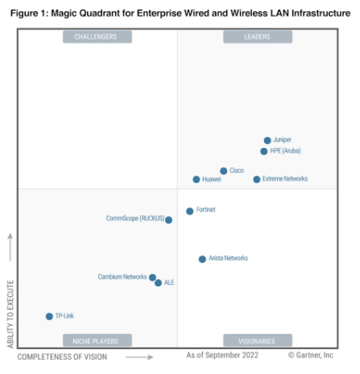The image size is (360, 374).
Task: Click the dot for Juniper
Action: pyautogui.click(x=267, y=140)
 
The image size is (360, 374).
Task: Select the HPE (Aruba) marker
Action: pyautogui.click(x=263, y=151)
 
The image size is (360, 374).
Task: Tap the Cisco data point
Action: pyautogui.click(x=224, y=171)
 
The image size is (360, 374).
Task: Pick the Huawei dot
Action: pyautogui.click(x=196, y=179)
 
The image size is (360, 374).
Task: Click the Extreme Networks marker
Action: pyautogui.click(x=257, y=179)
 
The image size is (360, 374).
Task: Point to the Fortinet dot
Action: pyautogui.click(x=190, y=211)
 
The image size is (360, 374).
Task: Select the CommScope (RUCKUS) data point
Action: pyautogui.click(x=168, y=220)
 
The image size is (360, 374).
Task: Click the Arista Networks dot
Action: pyautogui.click(x=202, y=259)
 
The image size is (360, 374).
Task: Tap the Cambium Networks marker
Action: pyautogui.click(x=152, y=277)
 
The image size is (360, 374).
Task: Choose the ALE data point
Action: pyautogui.click(x=158, y=283)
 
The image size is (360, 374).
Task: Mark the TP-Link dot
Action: pyautogui.click(x=49, y=316)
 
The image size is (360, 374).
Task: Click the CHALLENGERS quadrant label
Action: pyautogui.click(x=95, y=37)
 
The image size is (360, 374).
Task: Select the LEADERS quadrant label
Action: pyautogui.click(x=257, y=37)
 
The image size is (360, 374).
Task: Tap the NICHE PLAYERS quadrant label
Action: pyautogui.click(x=95, y=340)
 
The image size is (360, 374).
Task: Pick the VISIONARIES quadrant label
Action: pyautogui.click(x=257, y=340)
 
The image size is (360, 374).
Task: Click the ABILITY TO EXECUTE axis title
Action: pyautogui.click(x=10, y=314)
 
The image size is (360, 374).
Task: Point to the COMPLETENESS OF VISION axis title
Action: pyautogui.click(x=63, y=356)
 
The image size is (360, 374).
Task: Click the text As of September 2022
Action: pyautogui.click(x=221, y=355)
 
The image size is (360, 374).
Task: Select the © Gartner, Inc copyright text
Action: pyautogui.click(x=311, y=355)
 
